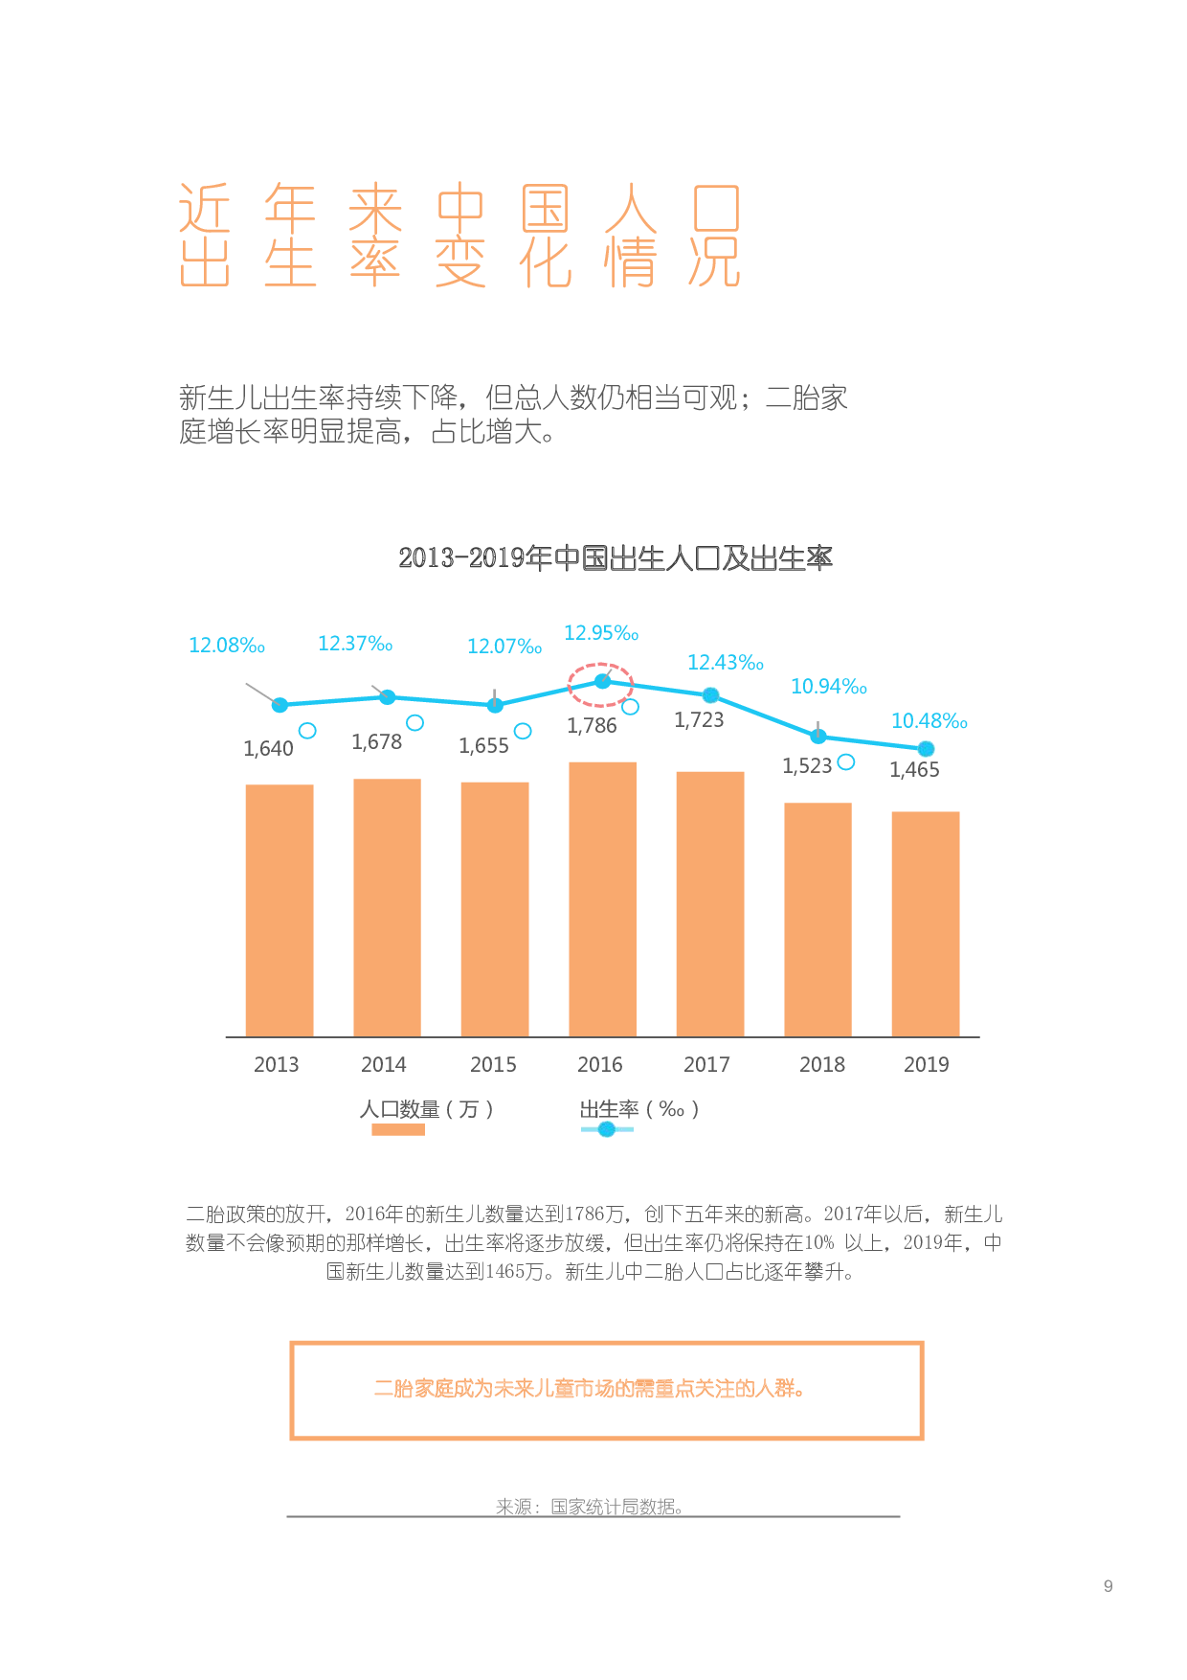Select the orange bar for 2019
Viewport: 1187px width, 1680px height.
(x=925, y=923)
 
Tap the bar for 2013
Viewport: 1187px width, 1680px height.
(x=280, y=910)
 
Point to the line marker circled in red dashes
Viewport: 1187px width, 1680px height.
(x=602, y=681)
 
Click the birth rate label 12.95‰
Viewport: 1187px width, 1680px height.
(x=600, y=633)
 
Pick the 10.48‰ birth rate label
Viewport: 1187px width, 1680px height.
(x=929, y=721)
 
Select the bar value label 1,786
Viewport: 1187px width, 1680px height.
(x=592, y=726)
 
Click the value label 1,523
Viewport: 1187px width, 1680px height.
(x=807, y=766)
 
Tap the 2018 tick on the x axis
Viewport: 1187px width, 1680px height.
(x=821, y=1064)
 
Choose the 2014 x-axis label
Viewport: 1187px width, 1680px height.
(x=383, y=1064)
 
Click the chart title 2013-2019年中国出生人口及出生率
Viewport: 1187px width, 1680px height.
(x=616, y=557)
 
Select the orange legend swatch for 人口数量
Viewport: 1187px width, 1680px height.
(x=398, y=1129)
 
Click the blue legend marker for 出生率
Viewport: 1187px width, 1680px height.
(x=607, y=1129)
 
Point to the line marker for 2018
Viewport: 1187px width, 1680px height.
(x=818, y=737)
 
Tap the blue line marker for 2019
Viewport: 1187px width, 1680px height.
(x=926, y=749)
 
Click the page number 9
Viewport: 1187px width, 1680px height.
(x=1108, y=1586)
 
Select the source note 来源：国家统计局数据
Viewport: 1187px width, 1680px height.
(x=589, y=1507)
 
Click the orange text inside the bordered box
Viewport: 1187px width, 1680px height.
(x=589, y=1389)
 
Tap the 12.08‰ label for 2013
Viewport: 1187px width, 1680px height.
(x=227, y=646)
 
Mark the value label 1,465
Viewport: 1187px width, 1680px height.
(x=914, y=770)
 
